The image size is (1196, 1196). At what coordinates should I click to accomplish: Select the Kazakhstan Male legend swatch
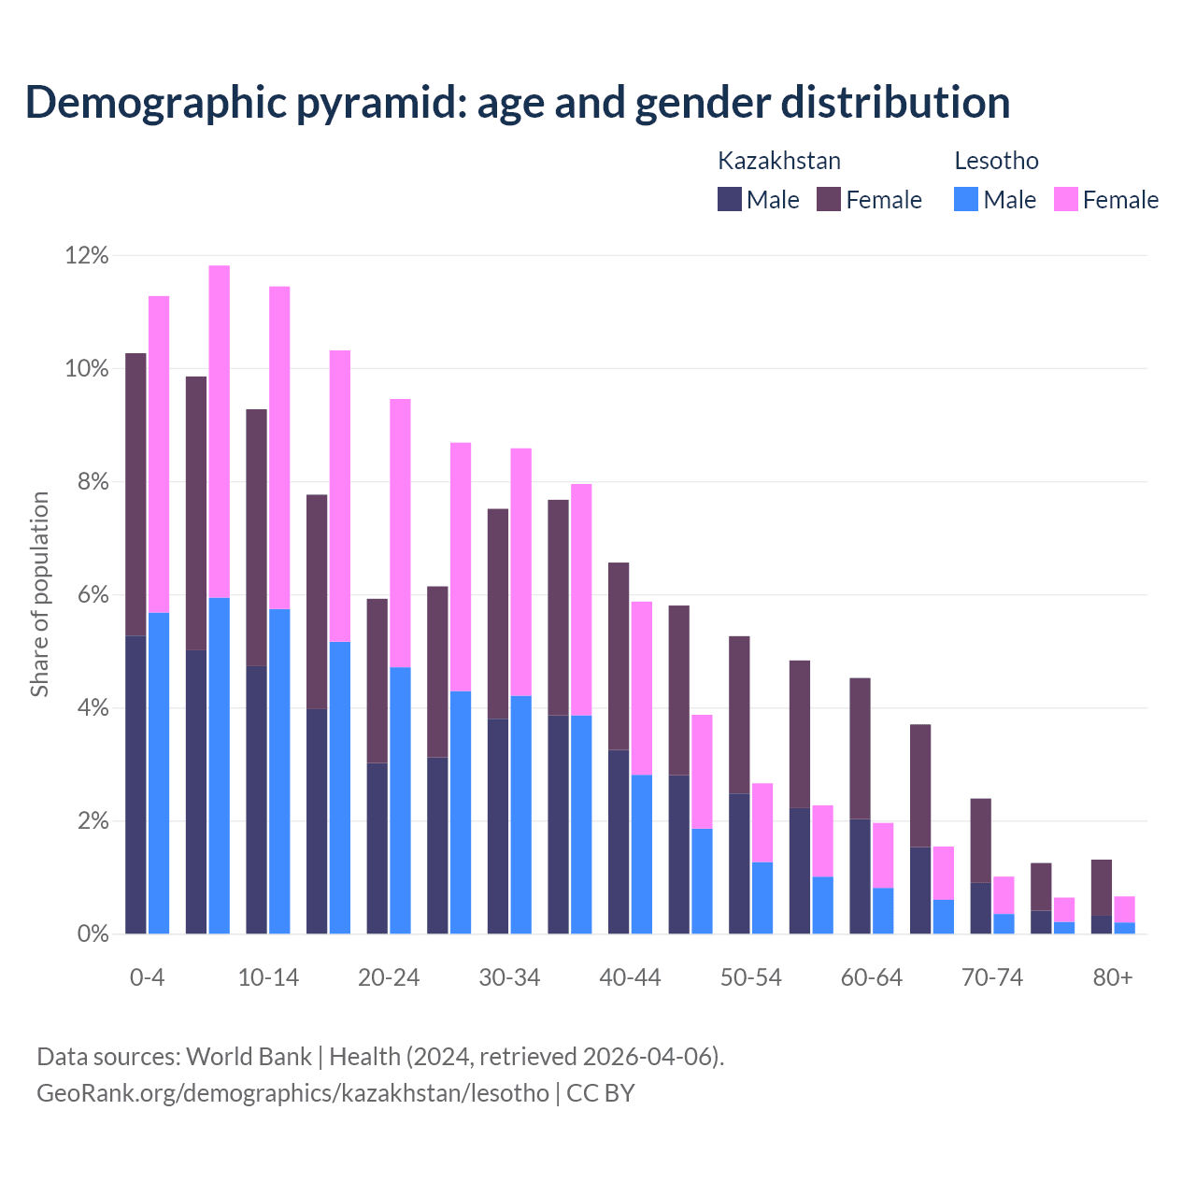(x=729, y=199)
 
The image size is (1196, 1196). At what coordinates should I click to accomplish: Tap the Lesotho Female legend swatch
(x=1065, y=199)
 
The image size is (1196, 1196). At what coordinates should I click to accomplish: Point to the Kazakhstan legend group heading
(x=778, y=161)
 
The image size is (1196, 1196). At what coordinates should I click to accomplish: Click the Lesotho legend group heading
(x=996, y=161)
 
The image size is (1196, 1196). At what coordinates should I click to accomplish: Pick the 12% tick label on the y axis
(x=87, y=255)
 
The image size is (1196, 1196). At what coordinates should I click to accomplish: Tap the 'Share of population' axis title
(x=39, y=594)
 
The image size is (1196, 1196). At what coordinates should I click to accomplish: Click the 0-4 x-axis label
(x=147, y=977)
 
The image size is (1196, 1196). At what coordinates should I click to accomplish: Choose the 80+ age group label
(x=1112, y=977)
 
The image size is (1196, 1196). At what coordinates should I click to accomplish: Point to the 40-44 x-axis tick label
(x=630, y=977)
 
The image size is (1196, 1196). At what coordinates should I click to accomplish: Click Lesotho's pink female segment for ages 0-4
(x=159, y=454)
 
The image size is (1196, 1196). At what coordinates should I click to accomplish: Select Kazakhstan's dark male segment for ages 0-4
(x=135, y=785)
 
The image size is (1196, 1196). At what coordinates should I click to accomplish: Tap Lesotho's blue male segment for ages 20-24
(x=400, y=800)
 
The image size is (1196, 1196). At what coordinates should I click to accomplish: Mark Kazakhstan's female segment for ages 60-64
(x=860, y=748)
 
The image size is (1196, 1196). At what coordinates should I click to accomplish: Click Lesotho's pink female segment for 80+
(x=1124, y=909)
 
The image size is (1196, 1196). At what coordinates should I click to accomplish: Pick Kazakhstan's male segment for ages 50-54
(x=739, y=863)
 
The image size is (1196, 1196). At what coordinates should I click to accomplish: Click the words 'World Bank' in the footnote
(x=249, y=1057)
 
